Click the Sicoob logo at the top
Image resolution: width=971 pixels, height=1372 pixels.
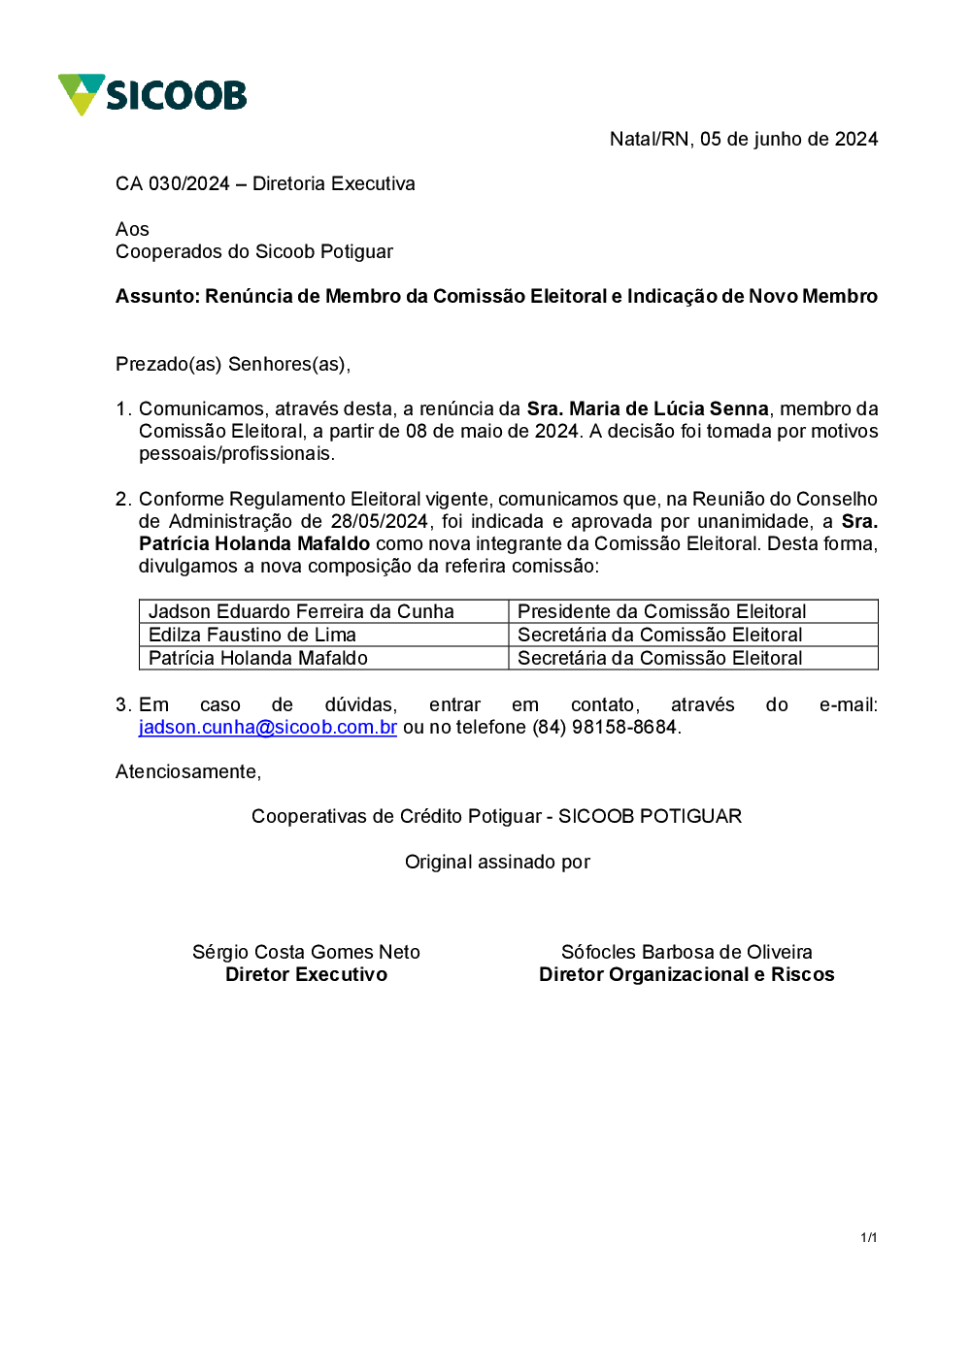(x=152, y=95)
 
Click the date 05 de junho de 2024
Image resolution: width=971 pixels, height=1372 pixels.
(x=788, y=139)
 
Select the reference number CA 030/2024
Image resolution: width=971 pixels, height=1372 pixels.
(x=173, y=183)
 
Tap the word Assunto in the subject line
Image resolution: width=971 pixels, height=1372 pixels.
(x=156, y=296)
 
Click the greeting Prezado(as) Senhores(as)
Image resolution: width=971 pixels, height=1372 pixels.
(x=232, y=364)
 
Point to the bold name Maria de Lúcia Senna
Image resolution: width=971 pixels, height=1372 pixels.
(x=668, y=408)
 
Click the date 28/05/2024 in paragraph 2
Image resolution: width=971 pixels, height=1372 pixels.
(x=379, y=521)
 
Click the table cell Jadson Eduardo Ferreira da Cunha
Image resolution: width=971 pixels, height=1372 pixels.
(x=301, y=611)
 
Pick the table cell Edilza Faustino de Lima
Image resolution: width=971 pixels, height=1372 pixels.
(x=252, y=635)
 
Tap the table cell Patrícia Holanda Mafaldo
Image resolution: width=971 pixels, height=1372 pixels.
(x=258, y=658)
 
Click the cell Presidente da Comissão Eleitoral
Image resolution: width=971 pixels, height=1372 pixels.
(x=662, y=611)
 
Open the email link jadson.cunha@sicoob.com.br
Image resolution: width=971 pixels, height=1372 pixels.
(x=268, y=727)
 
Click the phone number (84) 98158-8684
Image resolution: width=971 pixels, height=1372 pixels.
(x=604, y=727)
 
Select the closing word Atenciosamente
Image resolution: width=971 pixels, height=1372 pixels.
(x=187, y=771)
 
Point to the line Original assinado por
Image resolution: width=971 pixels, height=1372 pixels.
(x=497, y=862)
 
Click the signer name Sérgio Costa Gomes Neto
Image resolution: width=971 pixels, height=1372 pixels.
(x=306, y=952)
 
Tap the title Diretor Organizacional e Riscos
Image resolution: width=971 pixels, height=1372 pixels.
(x=686, y=974)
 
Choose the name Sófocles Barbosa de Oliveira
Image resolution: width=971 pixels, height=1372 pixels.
(x=686, y=952)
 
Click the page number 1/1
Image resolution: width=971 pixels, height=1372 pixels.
(x=869, y=1237)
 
